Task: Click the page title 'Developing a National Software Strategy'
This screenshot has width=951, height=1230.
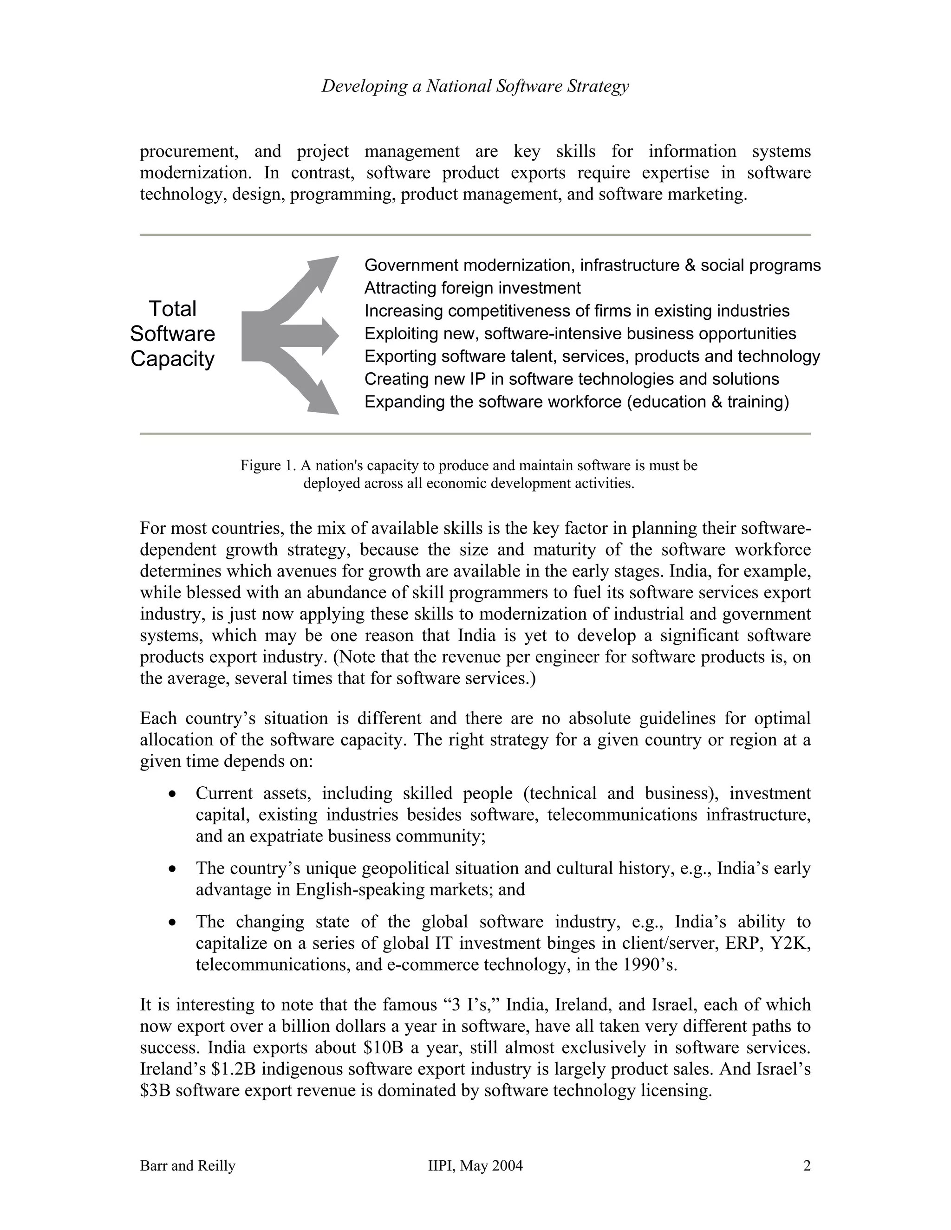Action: coord(475,86)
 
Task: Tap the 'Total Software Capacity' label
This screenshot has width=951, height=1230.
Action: coord(172,334)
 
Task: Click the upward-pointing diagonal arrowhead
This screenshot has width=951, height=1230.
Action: coord(326,269)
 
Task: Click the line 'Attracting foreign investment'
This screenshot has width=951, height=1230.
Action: coord(472,288)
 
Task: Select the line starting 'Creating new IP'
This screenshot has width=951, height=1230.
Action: coord(571,380)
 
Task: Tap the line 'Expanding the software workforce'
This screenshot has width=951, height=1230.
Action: coord(576,402)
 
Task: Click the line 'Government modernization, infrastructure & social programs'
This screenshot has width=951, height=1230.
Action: coord(592,265)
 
